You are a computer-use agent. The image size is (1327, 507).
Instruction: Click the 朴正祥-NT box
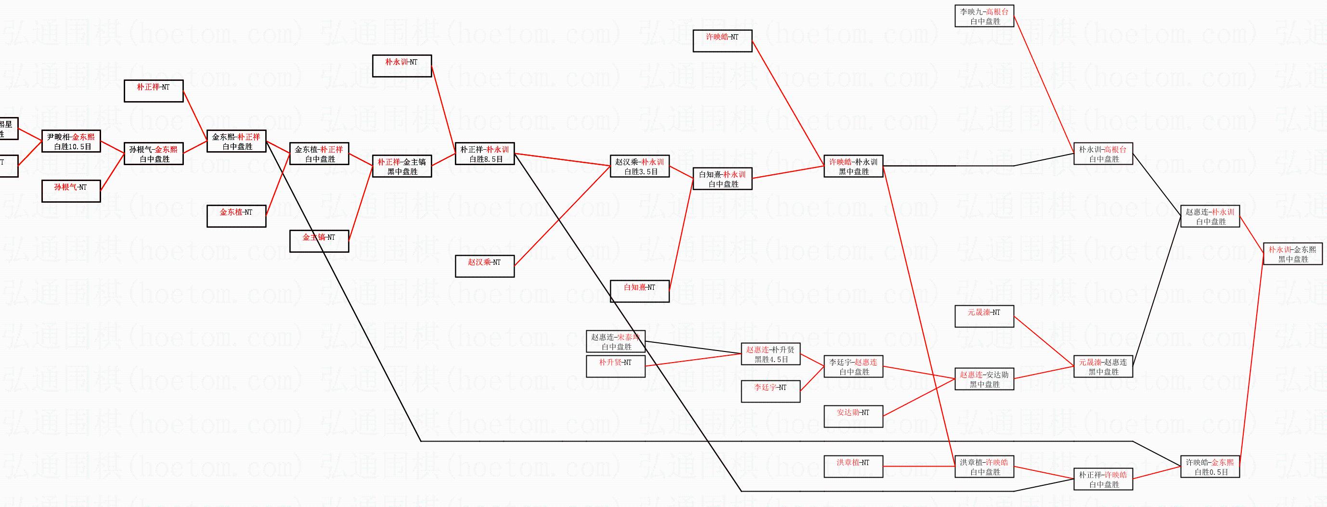[154, 91]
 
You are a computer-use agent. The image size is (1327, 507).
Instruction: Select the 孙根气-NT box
[71, 191]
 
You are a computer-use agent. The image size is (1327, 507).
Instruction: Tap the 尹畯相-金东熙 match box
[71, 141]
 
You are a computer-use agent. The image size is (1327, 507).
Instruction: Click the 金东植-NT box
[236, 216]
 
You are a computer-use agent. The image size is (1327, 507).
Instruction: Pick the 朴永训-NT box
[402, 66]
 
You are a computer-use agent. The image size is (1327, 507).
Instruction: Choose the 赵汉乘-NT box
[485, 266]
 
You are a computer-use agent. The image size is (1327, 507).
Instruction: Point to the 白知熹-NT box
[640, 291]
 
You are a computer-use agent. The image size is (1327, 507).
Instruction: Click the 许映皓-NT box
[722, 41]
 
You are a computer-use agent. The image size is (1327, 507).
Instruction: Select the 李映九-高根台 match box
[984, 16]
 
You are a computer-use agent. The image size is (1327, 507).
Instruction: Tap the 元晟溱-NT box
[984, 316]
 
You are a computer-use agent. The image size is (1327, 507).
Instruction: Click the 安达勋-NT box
[853, 416]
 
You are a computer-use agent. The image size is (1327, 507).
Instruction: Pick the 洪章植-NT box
[853, 466]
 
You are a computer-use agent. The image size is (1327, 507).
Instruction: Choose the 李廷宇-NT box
[771, 391]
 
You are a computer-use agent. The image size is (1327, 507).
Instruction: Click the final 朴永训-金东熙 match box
[1293, 253]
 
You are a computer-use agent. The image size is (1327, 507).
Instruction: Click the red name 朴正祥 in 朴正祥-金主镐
[388, 162]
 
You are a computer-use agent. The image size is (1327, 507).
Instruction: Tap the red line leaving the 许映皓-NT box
[788, 103]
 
